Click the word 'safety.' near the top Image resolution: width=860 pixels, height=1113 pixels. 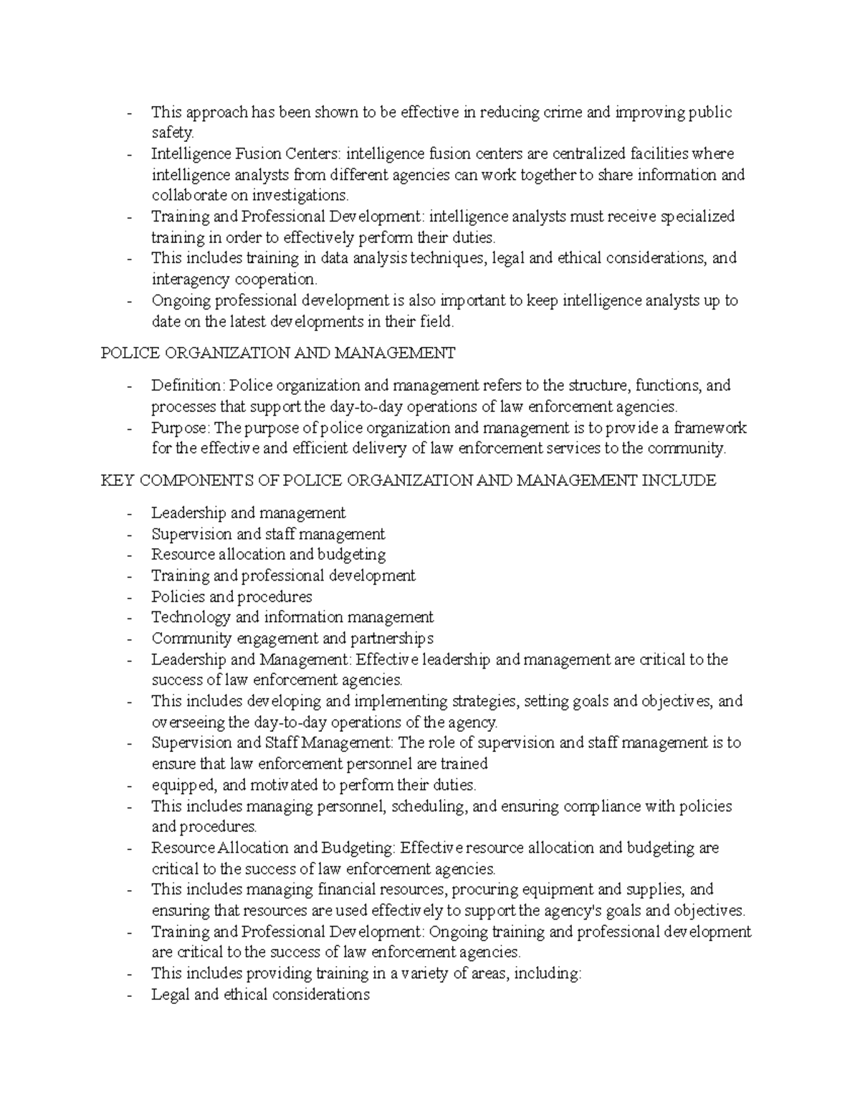click(x=172, y=133)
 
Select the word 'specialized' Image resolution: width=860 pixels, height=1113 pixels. click(x=697, y=216)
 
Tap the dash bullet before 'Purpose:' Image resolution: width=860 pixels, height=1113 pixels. click(x=129, y=429)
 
